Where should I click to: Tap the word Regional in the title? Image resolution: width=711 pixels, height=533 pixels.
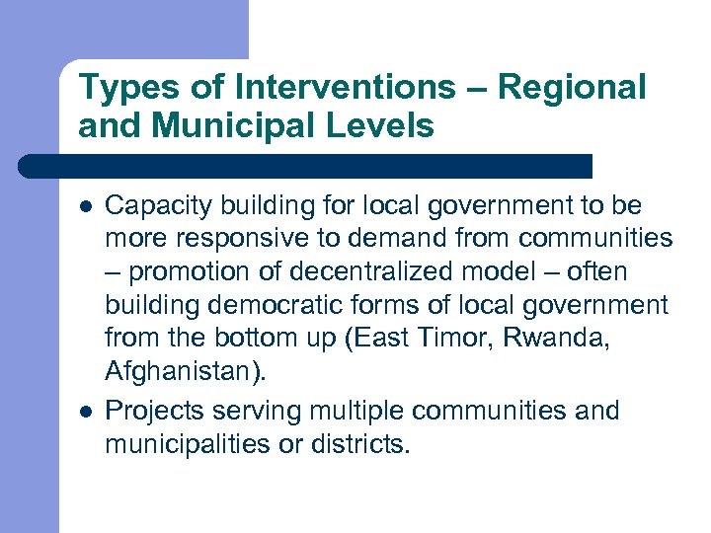coord(572,89)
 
